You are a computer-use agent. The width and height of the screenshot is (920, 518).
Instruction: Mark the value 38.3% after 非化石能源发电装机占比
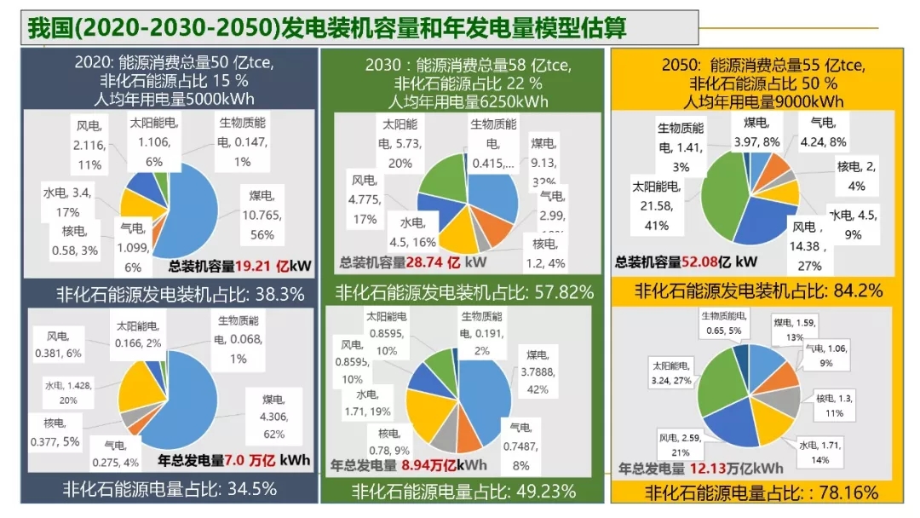(277, 295)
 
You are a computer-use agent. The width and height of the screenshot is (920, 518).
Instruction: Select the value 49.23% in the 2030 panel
(543, 492)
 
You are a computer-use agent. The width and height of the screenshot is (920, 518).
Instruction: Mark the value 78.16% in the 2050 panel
(847, 492)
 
